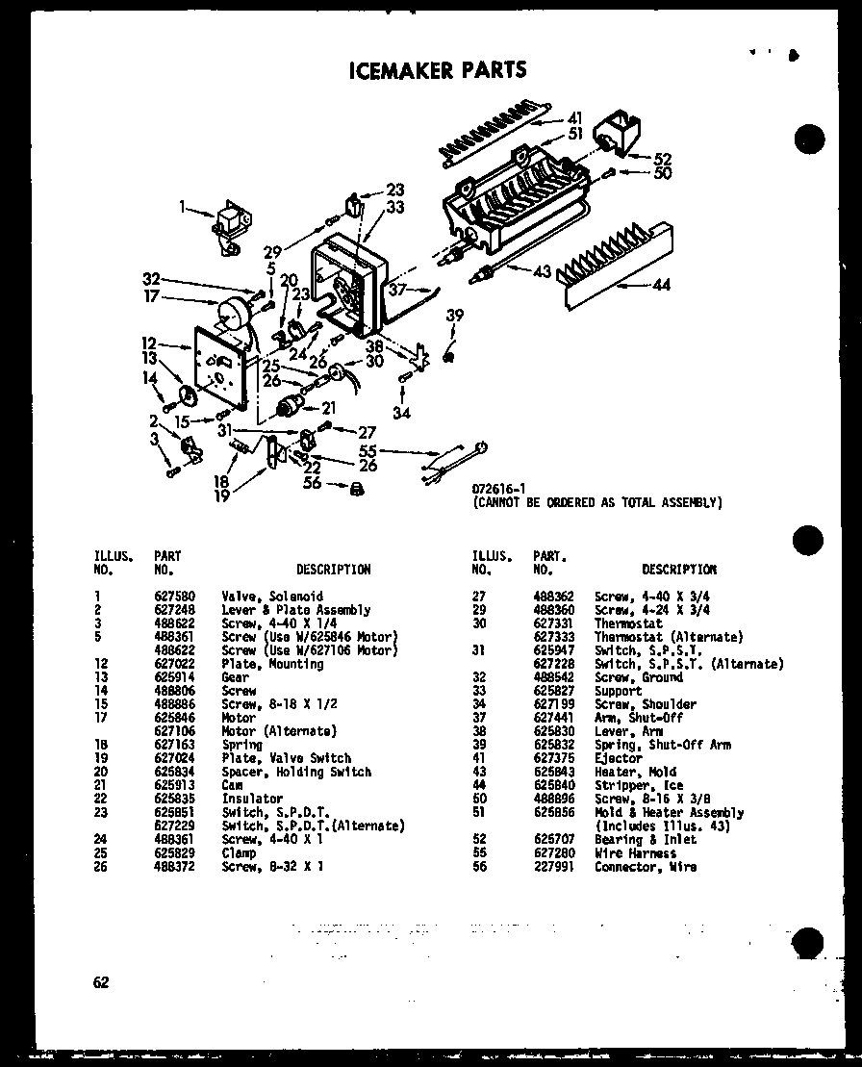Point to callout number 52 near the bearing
tap(663, 159)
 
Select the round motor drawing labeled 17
tap(233, 314)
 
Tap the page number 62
tap(101, 982)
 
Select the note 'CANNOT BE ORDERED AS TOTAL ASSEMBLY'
tap(596, 502)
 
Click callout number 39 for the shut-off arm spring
tap(454, 316)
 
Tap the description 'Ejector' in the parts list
tap(618, 758)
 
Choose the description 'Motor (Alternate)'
tap(279, 731)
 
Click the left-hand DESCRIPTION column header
tap(333, 570)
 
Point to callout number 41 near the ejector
tap(575, 118)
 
